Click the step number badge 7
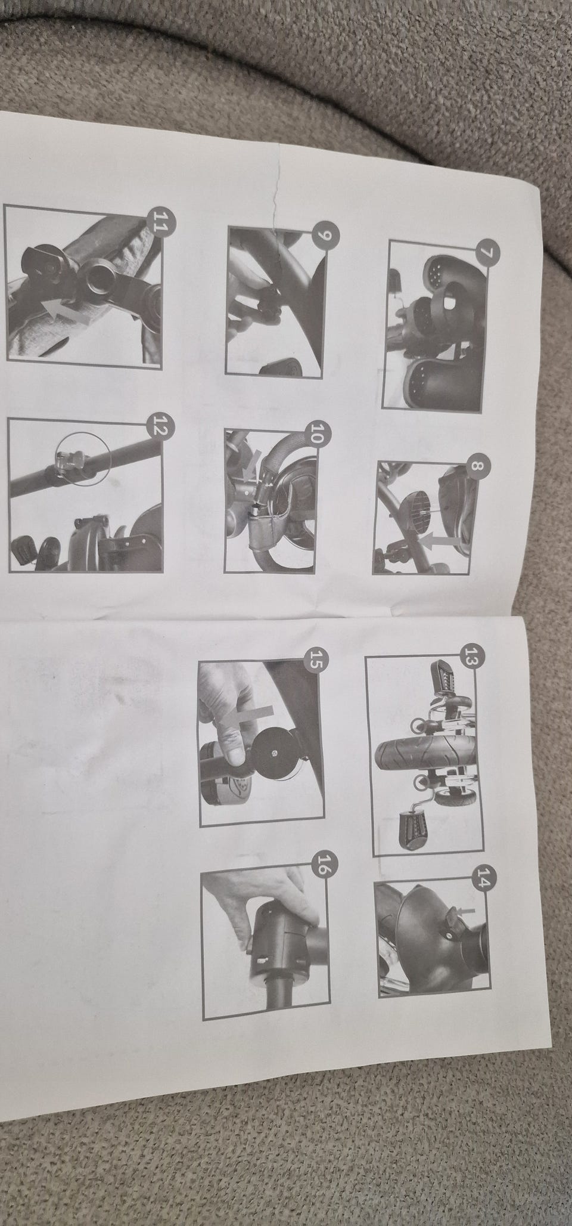point(487,252)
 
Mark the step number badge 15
point(315,661)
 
